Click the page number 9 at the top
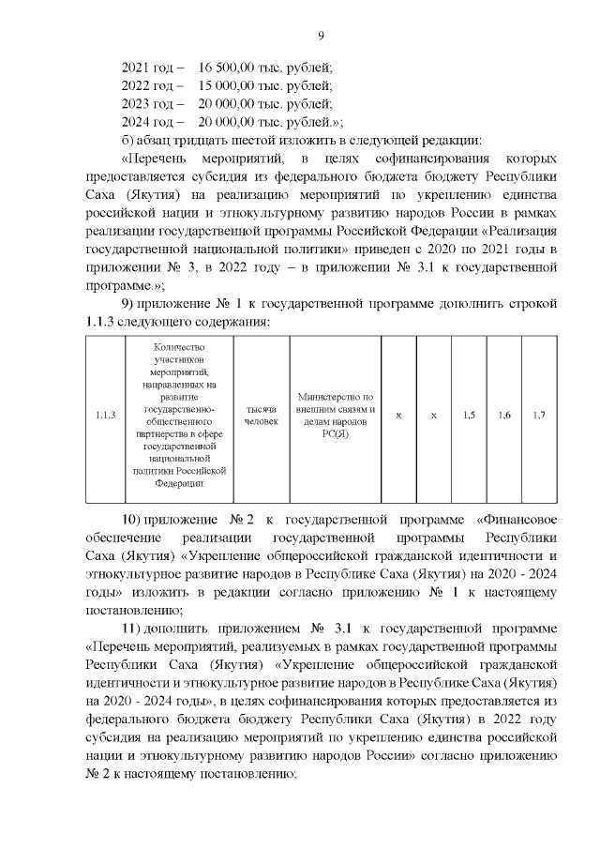(x=321, y=36)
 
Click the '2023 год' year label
(x=148, y=104)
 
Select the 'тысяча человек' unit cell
(x=262, y=416)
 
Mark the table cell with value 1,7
(x=539, y=416)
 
